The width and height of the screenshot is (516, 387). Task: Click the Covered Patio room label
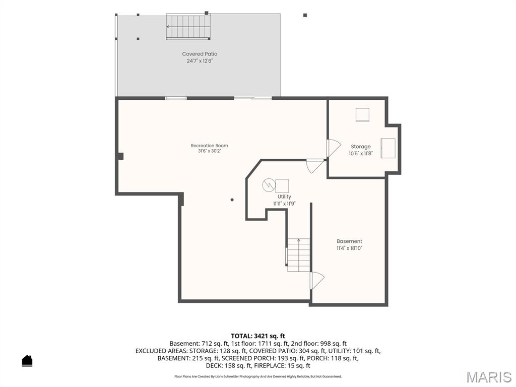coord(200,54)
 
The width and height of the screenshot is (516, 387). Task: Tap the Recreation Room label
coord(209,146)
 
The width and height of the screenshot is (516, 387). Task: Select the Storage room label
coord(361,147)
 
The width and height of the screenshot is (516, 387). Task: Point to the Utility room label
coord(284,197)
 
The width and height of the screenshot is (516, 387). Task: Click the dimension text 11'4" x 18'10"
coord(349,248)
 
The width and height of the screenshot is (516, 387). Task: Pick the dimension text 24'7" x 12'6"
coord(200,61)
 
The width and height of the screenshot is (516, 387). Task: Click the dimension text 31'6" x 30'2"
coord(209,151)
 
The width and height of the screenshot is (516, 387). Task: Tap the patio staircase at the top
coord(188,27)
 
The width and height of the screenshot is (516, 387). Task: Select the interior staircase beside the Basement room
coord(298,255)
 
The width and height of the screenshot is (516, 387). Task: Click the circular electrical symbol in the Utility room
coord(268,185)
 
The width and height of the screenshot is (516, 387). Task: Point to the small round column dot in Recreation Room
coord(232,200)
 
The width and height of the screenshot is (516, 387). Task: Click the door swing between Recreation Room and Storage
coord(334,148)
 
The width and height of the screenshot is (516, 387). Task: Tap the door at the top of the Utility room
coord(315,166)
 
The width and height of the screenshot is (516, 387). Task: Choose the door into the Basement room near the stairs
coord(317,281)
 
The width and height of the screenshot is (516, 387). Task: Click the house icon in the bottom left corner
coord(27,361)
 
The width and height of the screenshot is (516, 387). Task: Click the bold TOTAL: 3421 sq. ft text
coord(258,336)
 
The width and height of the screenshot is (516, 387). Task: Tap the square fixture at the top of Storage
coord(362,115)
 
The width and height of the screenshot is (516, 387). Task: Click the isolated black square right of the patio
coord(305,15)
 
